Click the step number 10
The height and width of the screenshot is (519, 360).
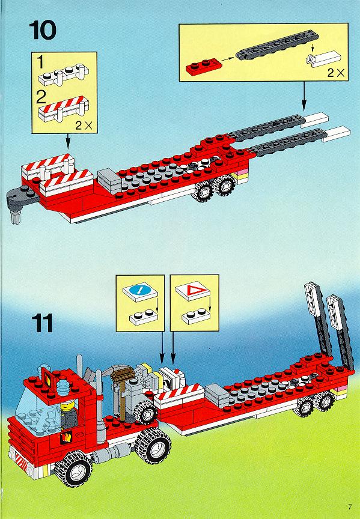pos(43,30)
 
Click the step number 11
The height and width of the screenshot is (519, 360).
pos(43,323)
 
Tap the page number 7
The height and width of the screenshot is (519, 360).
pos(350,507)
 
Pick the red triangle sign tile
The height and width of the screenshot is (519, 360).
pos(192,291)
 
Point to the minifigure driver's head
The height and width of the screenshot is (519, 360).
pos(69,405)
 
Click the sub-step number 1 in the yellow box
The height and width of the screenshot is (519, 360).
pos(40,62)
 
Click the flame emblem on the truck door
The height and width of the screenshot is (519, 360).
pos(66,437)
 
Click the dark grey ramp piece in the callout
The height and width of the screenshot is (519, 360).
pos(278,46)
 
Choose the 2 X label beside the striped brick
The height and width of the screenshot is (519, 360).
pos(84,126)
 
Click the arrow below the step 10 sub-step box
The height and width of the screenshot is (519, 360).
pos(68,141)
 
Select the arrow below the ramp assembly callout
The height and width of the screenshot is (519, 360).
pos(304,96)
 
